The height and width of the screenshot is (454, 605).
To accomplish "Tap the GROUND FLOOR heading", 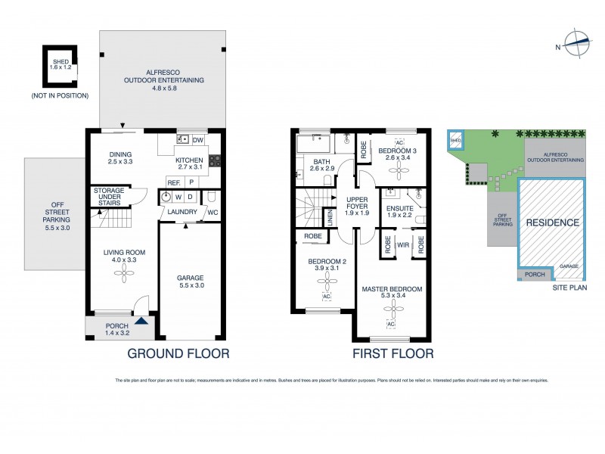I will [x=178, y=353].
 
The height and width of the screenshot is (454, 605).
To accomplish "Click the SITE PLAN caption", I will [x=569, y=288].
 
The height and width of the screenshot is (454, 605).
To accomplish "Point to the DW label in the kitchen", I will [x=198, y=140].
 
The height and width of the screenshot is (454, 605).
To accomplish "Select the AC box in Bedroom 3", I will [x=399, y=141].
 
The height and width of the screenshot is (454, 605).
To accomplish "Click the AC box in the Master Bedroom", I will [x=391, y=324].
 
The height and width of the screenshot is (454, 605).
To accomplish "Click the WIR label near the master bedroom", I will [x=403, y=246].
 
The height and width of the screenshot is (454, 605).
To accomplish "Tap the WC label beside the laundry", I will [x=213, y=212].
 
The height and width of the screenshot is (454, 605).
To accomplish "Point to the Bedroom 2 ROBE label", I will [x=312, y=236].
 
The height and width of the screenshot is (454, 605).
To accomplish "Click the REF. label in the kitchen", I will [x=173, y=182].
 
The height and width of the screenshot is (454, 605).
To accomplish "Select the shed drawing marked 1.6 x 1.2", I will [x=59, y=66].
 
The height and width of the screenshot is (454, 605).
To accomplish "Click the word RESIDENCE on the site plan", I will [x=552, y=223].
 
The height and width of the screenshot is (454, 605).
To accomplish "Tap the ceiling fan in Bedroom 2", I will [x=326, y=281].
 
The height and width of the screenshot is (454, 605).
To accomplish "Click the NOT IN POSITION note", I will [x=60, y=96].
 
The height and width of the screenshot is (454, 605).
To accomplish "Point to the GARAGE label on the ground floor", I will [x=191, y=278].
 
